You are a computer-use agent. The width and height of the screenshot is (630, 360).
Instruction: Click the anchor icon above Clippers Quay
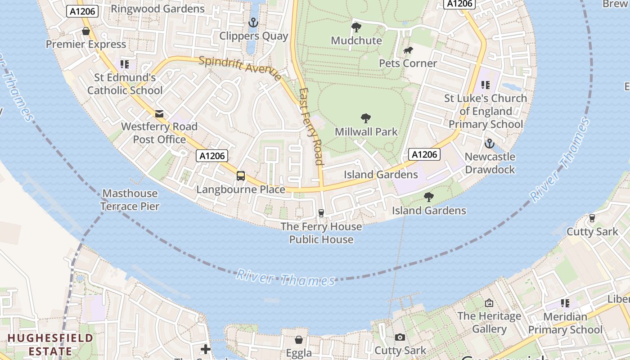tap(253, 22)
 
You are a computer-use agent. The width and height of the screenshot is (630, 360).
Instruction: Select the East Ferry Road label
tap(311, 126)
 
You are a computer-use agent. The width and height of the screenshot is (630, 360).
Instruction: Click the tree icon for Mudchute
tap(356, 27)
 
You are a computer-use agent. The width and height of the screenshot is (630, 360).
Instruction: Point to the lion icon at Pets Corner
tap(408, 50)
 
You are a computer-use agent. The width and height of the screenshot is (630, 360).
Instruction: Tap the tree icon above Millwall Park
tap(366, 119)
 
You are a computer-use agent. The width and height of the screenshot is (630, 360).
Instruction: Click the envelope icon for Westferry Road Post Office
tap(159, 114)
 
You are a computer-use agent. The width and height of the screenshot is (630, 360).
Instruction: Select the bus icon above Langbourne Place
tap(241, 176)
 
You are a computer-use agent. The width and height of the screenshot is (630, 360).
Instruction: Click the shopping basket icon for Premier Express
tap(86, 31)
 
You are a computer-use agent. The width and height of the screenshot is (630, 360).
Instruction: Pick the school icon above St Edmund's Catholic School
tap(125, 64)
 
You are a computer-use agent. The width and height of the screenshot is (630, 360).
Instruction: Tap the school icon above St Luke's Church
tap(485, 85)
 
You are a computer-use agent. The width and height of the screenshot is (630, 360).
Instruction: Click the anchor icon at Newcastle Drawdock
tap(489, 144)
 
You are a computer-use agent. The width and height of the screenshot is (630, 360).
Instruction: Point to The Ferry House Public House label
tap(321, 233)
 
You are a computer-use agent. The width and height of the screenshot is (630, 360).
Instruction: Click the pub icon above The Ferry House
tap(321, 213)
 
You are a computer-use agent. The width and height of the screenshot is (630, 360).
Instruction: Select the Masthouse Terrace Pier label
tap(130, 200)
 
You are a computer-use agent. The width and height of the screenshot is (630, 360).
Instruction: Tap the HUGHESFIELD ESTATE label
tap(50, 344)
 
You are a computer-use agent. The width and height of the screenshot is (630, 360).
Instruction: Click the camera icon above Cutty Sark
tap(400, 337)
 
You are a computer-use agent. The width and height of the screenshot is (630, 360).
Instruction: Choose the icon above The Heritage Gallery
tap(489, 303)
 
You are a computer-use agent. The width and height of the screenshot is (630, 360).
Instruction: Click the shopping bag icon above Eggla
tap(299, 340)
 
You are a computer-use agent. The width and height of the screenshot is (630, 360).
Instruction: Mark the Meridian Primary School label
tap(565, 323)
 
